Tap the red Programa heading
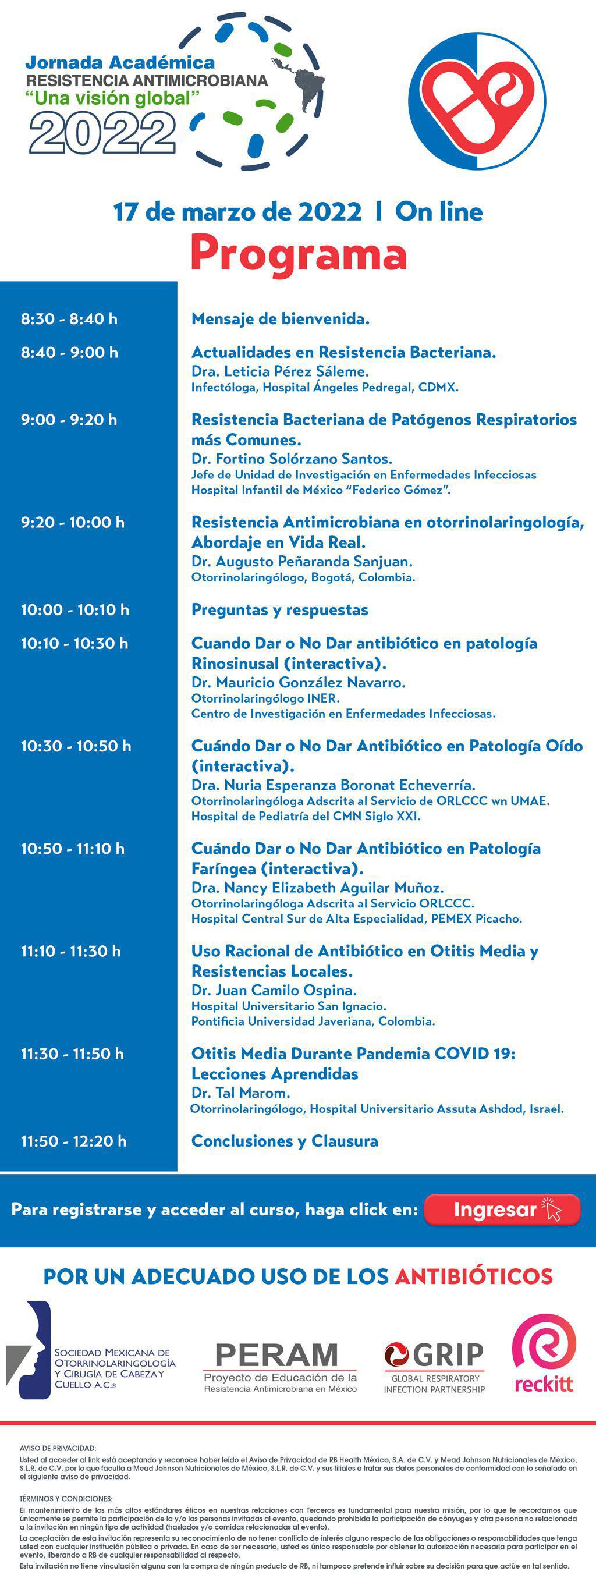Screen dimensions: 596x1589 point(298,254)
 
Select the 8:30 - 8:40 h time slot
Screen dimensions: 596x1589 point(69,319)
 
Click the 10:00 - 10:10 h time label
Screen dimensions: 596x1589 point(75,610)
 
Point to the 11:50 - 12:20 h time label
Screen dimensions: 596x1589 point(74,1141)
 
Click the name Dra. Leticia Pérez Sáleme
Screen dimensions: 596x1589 point(280,371)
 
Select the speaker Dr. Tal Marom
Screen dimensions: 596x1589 point(240,1093)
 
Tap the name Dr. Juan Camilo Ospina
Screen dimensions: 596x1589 point(274,990)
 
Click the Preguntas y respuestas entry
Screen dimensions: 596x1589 point(279,610)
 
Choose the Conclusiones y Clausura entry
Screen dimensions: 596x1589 point(285,1141)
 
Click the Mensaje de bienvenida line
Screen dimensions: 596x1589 point(280,319)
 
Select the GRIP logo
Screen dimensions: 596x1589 point(434,1355)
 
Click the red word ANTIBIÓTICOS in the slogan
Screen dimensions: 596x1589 point(473,1276)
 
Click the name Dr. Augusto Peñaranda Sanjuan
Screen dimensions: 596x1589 point(301,562)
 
